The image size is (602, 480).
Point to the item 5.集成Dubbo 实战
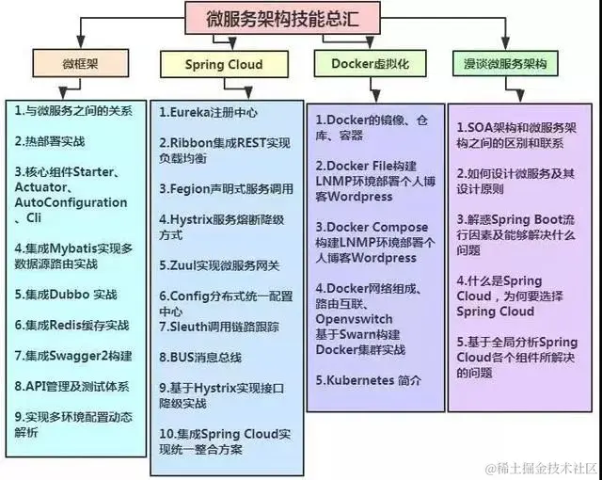pyautogui.click(x=66, y=294)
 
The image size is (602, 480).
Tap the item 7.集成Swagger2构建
pyautogui.click(x=73, y=355)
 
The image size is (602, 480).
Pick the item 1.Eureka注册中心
pyautogui.click(x=207, y=112)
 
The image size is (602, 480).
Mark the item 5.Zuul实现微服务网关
pyautogui.click(x=218, y=265)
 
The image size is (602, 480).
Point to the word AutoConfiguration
pyautogui.click(x=71, y=202)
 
